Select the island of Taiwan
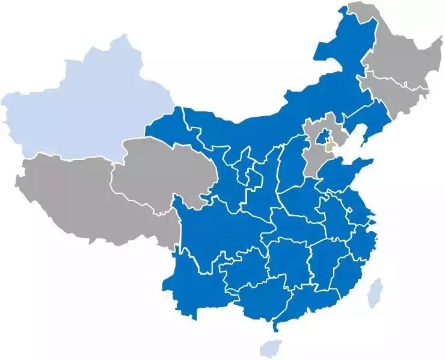[375, 292]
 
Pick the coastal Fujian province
[349, 265]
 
